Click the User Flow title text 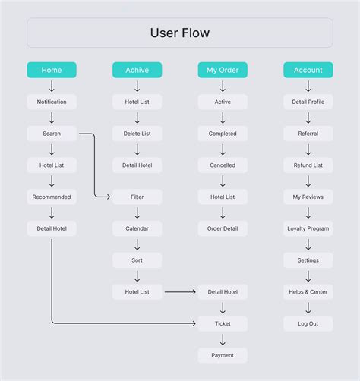(x=180, y=33)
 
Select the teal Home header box (x=52, y=70)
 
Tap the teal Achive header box (x=137, y=70)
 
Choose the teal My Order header (x=223, y=70)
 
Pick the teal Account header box (x=308, y=70)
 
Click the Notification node (x=52, y=102)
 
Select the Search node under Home (x=52, y=134)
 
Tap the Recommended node (x=52, y=197)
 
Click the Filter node (x=137, y=197)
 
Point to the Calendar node (x=137, y=228)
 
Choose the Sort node (x=137, y=260)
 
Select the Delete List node (x=137, y=134)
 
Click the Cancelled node (x=223, y=165)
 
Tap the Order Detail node (x=223, y=228)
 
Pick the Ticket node (x=223, y=323)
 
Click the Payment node (x=223, y=355)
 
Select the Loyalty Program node (x=308, y=228)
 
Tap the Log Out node (x=308, y=323)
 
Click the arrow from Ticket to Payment (x=223, y=339)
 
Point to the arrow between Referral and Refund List (x=308, y=150)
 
